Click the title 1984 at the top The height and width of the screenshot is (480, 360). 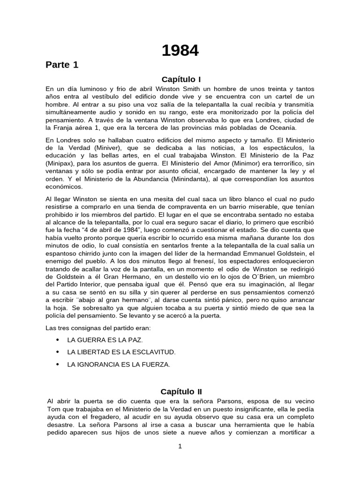(180, 51)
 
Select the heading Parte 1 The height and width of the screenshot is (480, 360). (62, 65)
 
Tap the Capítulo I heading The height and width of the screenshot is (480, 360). (181, 80)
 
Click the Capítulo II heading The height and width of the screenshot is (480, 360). (181, 391)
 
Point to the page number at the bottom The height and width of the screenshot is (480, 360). (180, 446)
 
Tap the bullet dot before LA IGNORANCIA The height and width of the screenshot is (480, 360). (58, 364)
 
